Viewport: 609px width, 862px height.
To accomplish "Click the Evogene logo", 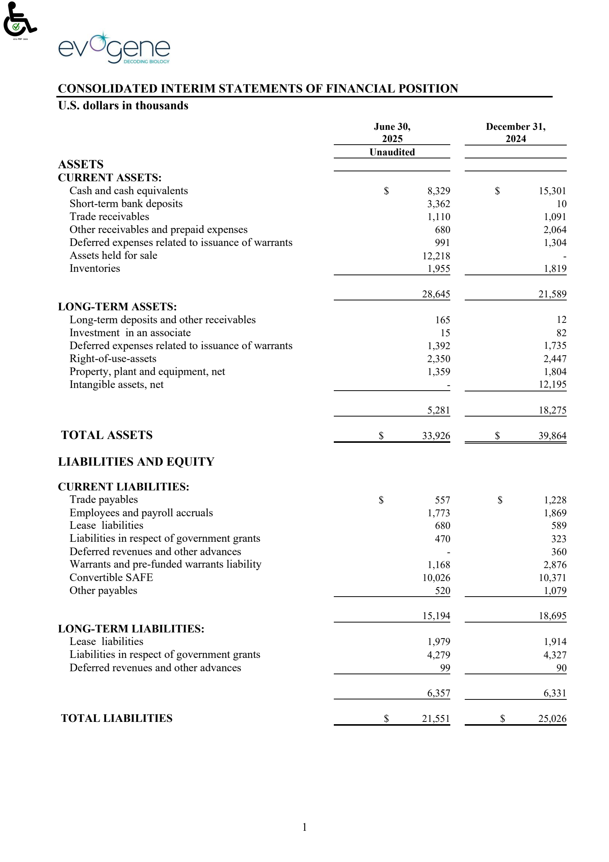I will click(x=114, y=49).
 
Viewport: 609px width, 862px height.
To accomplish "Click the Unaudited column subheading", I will click(x=392, y=152).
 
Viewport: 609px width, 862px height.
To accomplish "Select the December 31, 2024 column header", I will click(x=515, y=132).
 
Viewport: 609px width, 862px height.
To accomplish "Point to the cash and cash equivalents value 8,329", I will click(x=438, y=191).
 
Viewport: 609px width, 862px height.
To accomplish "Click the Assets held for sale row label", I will click(x=113, y=255).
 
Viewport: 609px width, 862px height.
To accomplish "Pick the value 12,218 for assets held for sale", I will click(x=436, y=256).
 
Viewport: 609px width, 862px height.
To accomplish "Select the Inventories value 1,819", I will click(x=555, y=269).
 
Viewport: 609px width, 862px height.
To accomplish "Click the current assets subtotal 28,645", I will click(x=436, y=294).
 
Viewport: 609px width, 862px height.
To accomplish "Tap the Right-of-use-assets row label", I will click(x=113, y=359).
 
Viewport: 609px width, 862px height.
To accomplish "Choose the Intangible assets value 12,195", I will click(x=552, y=385).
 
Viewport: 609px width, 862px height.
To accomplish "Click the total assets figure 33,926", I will click(x=436, y=436).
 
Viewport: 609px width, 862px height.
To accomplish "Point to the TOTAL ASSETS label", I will click(x=107, y=435).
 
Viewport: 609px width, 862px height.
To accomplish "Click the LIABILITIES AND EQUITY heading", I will click(x=136, y=462).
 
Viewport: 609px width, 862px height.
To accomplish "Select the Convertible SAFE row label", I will click(x=111, y=578).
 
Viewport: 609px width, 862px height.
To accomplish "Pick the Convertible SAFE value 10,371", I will click(x=552, y=578).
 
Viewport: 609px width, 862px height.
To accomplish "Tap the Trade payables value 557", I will click(x=442, y=500).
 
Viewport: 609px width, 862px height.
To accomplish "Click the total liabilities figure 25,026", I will click(x=552, y=719).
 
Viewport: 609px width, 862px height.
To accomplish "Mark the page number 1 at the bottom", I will click(x=304, y=827).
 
